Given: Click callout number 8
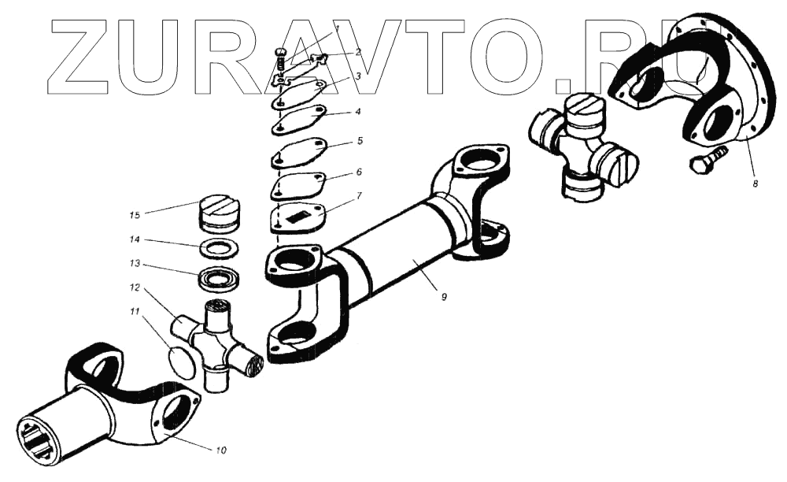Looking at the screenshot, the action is pyautogui.click(x=756, y=183).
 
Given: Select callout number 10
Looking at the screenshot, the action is pyautogui.click(x=220, y=450).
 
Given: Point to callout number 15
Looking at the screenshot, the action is pyautogui.click(x=135, y=213).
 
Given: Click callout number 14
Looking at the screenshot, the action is pyautogui.click(x=135, y=239).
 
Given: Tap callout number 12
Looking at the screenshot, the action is pyautogui.click(x=135, y=287).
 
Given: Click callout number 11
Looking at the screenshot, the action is pyautogui.click(x=135, y=312).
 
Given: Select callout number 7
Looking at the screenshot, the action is pyautogui.click(x=358, y=194).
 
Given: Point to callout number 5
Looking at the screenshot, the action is pyautogui.click(x=359, y=141).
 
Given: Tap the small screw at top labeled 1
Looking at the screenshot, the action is pyautogui.click(x=280, y=58).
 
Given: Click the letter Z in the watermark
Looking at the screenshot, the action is pyautogui.click(x=82, y=54).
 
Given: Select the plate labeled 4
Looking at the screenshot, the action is pyautogui.click(x=300, y=119).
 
